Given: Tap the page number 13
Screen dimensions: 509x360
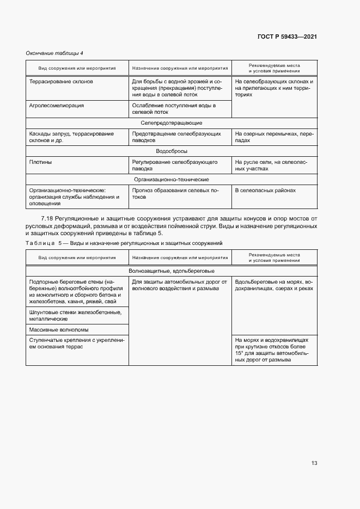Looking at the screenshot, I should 314,463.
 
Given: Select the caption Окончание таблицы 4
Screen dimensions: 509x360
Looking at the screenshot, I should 54,53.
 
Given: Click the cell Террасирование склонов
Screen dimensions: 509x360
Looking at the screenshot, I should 61,81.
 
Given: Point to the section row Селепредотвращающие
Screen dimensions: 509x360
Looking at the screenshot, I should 171,123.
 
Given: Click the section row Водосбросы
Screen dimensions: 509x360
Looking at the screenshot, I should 171,151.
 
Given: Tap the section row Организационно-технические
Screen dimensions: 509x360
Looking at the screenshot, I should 171,179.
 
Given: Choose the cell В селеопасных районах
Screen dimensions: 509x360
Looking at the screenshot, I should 265,191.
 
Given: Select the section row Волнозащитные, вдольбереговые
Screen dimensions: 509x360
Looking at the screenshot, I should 171,271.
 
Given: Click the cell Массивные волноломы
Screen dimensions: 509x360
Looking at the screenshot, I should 59,329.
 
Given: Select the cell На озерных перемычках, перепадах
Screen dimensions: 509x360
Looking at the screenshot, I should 274,137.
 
